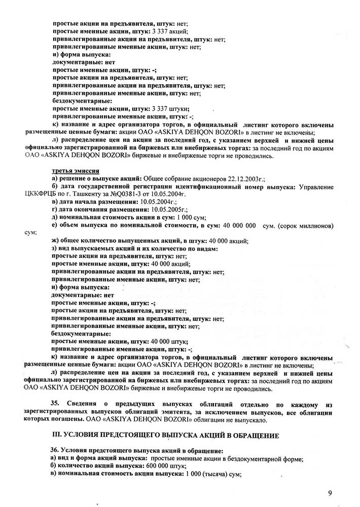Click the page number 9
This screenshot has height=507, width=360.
pyautogui.click(x=330, y=492)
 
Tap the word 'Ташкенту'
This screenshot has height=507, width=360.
pyautogui.click(x=95, y=194)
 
